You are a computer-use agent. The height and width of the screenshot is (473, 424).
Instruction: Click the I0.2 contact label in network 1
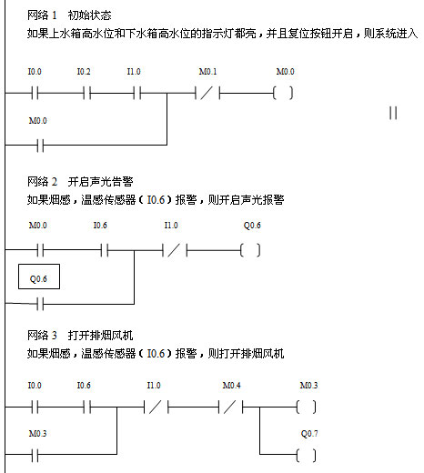(x=84, y=72)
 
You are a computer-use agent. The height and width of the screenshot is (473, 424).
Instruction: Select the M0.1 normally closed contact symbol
(x=207, y=93)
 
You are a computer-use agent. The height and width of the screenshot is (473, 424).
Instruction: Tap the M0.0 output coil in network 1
(x=283, y=93)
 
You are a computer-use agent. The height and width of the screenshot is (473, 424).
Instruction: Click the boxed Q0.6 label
(x=39, y=277)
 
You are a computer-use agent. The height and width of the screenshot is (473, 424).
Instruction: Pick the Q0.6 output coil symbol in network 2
(x=250, y=250)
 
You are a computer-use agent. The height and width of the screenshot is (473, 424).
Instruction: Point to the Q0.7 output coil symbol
(x=306, y=455)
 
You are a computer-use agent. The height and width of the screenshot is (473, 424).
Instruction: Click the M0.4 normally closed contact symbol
(x=230, y=407)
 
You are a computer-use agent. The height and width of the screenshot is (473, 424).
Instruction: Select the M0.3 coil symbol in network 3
(x=306, y=407)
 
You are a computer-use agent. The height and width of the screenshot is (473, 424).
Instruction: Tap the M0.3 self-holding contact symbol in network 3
(x=35, y=455)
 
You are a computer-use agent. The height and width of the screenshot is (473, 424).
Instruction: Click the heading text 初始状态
(x=90, y=15)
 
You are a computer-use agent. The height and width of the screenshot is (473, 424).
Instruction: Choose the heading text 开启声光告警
(x=100, y=182)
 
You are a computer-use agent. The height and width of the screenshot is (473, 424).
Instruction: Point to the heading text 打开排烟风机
(x=100, y=336)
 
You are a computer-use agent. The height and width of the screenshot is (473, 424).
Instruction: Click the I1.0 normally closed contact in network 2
(x=175, y=250)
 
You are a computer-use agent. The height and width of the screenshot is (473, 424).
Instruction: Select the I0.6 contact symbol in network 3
(x=87, y=407)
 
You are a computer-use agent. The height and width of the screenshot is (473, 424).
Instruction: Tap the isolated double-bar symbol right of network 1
(x=393, y=113)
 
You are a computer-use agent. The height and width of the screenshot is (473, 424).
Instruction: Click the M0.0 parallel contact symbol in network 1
(x=41, y=146)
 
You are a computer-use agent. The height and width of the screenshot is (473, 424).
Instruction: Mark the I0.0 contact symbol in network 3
(x=35, y=407)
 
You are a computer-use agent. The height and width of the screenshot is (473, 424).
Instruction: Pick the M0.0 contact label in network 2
(x=38, y=226)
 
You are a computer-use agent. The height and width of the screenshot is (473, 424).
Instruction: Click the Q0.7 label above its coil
(x=309, y=434)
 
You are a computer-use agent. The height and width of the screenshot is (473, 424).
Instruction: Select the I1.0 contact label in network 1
(x=134, y=72)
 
